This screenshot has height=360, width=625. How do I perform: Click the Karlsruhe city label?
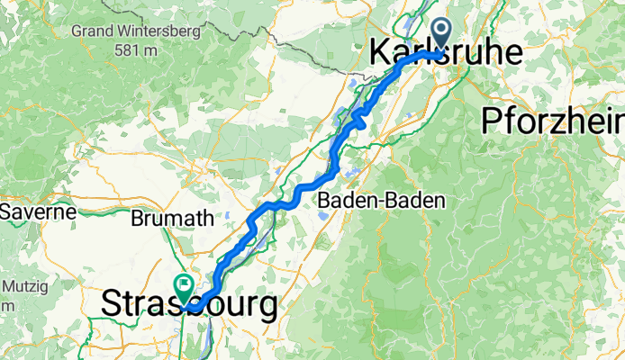[x=446, y=54]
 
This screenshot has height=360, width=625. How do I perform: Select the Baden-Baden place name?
[x=383, y=201]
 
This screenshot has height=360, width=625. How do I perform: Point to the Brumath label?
[x=172, y=219]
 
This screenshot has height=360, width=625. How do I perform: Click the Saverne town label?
[x=30, y=213]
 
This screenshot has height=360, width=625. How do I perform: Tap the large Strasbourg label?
[x=189, y=305]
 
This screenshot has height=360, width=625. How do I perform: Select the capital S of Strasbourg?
[x=112, y=305]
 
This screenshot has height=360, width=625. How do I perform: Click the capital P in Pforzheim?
[x=492, y=120]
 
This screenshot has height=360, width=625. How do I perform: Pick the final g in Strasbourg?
[x=267, y=309]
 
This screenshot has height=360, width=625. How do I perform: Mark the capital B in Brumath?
[x=137, y=219]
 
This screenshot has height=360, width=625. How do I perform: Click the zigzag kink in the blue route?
[x=360, y=117]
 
